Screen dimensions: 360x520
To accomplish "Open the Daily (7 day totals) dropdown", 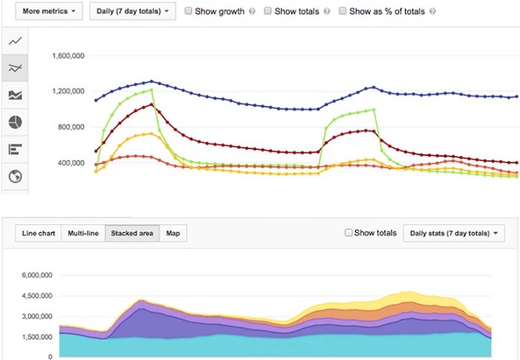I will click(133, 12).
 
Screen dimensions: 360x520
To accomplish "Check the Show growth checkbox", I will click(189, 12).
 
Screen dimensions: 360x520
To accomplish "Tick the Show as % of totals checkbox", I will click(342, 12).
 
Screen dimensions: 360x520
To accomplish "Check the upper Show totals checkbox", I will click(268, 12).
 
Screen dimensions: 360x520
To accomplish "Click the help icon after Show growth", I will click(253, 13).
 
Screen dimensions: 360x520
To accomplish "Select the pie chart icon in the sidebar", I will click(15, 122).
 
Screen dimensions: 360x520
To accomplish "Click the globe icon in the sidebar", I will click(15, 177).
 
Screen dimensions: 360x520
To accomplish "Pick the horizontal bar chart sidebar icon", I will click(15, 149).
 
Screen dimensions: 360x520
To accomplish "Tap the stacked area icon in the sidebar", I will click(15, 95).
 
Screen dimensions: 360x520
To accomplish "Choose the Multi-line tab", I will click(82, 234).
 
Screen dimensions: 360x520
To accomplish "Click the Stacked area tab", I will click(132, 234).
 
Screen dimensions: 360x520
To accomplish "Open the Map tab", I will click(172, 234).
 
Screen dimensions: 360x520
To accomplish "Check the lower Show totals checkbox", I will click(348, 233).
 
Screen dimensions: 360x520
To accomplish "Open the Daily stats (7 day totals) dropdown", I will click(452, 234).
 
